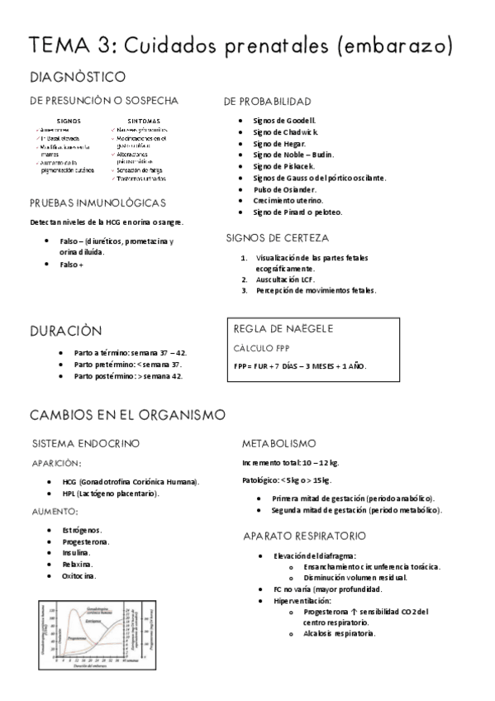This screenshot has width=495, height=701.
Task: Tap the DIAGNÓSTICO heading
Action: click(x=77, y=78)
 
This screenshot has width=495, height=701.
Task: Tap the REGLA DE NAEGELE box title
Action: click(x=283, y=328)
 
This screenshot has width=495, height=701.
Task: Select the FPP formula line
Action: click(x=300, y=365)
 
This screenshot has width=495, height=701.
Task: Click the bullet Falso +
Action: click(x=71, y=265)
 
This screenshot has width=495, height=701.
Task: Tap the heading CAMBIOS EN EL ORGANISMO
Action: click(x=127, y=414)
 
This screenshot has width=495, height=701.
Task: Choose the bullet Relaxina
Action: click(x=77, y=564)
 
